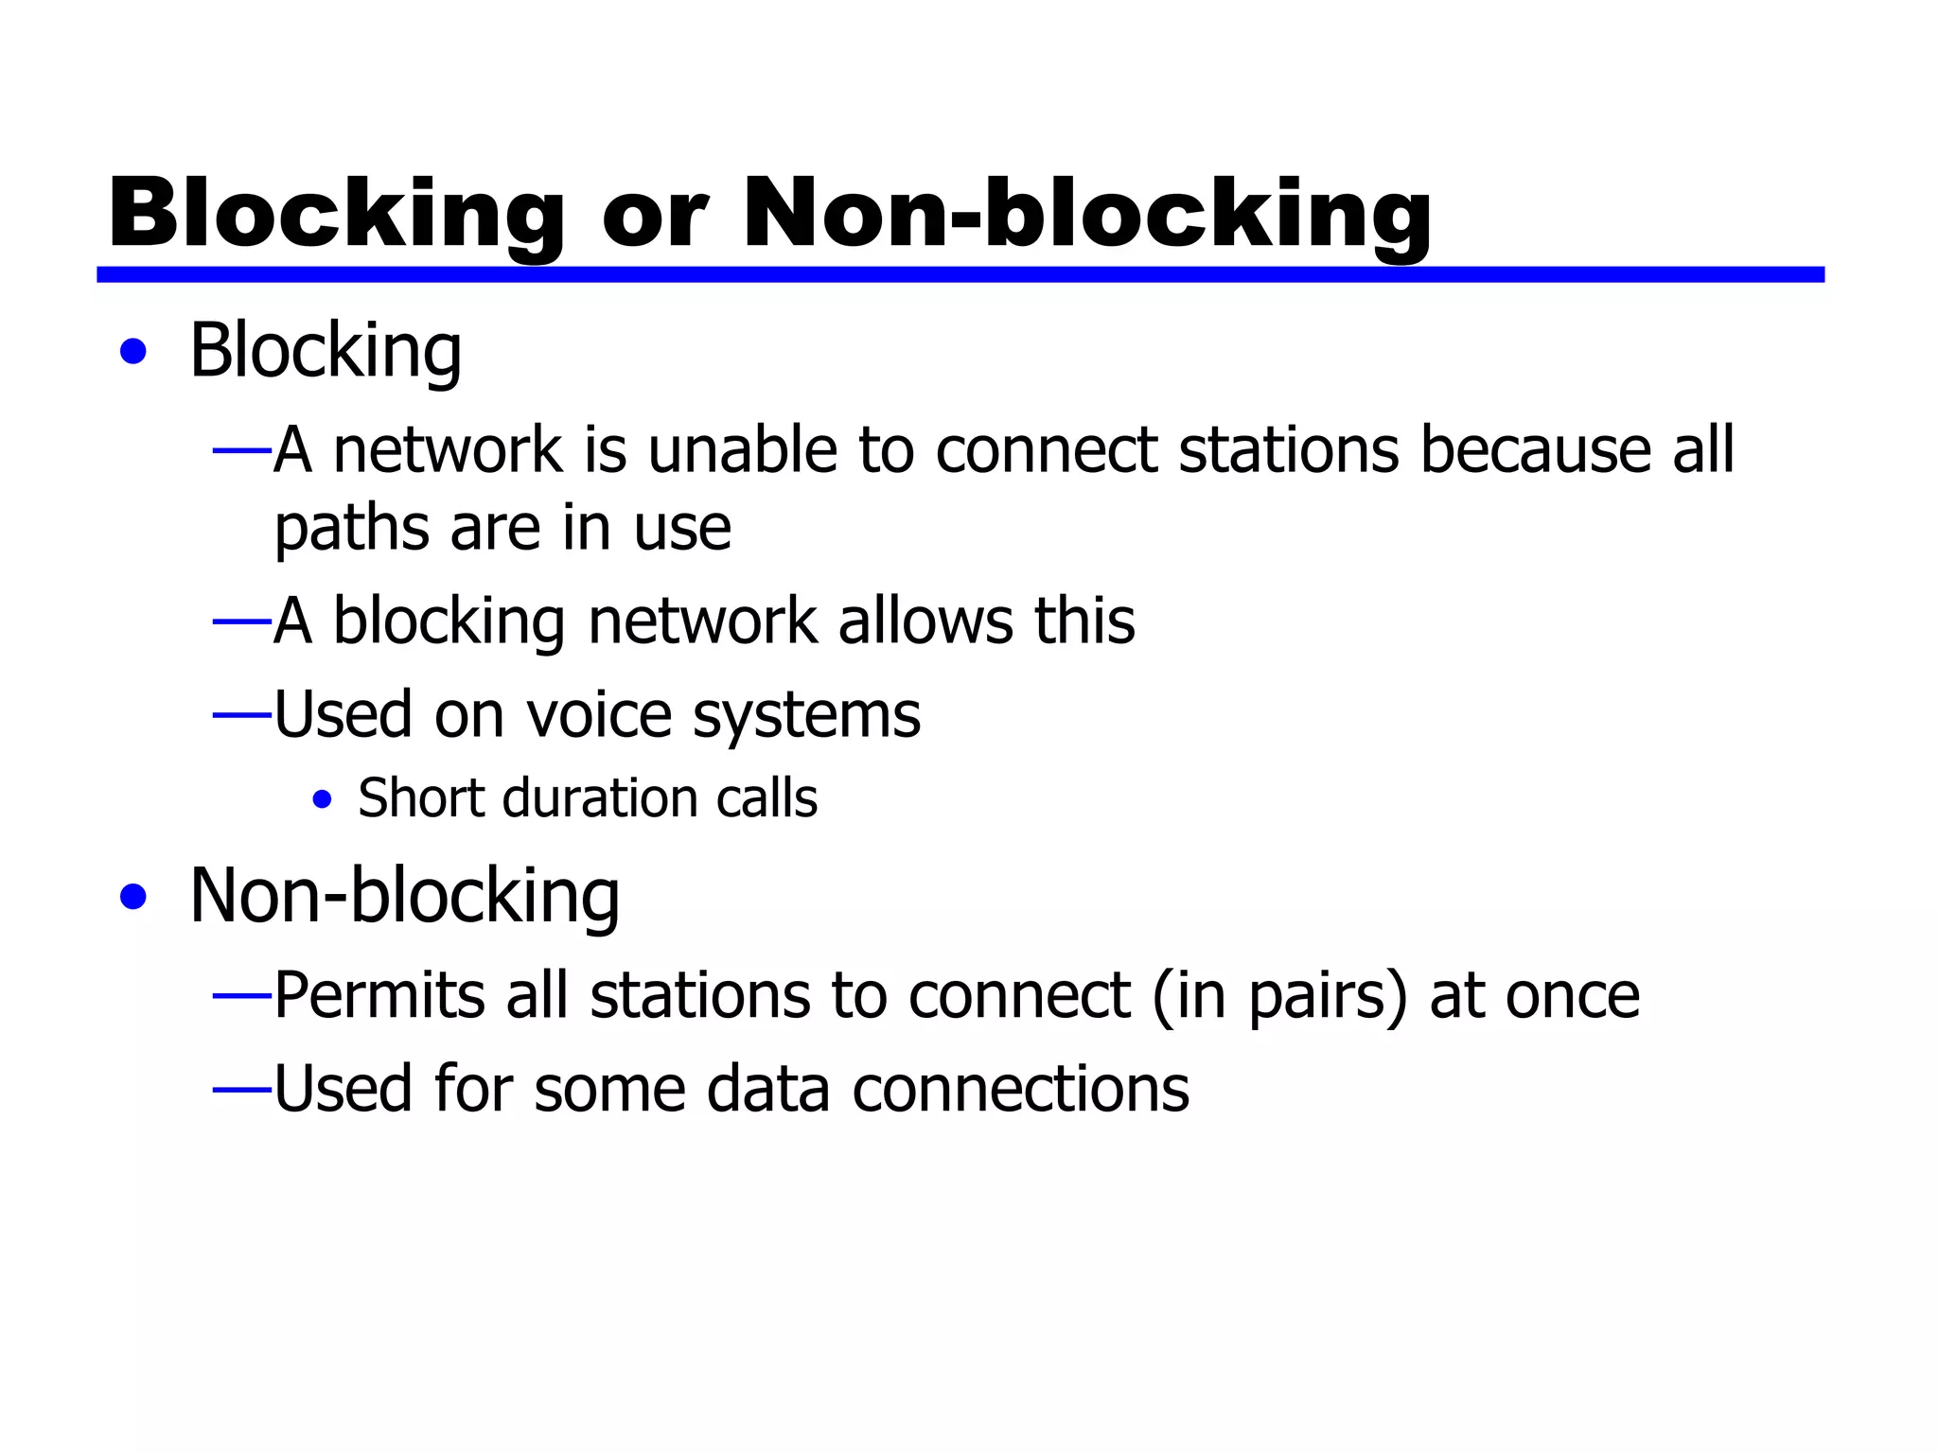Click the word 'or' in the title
click(x=654, y=216)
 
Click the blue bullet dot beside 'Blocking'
click(x=133, y=352)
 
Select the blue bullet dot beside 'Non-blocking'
click(x=133, y=897)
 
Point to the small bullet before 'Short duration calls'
click(x=322, y=800)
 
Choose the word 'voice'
click(x=598, y=715)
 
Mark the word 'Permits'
click(x=379, y=996)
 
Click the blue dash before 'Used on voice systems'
click(x=242, y=716)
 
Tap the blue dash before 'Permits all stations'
click(x=242, y=996)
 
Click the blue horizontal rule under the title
click(x=960, y=274)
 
